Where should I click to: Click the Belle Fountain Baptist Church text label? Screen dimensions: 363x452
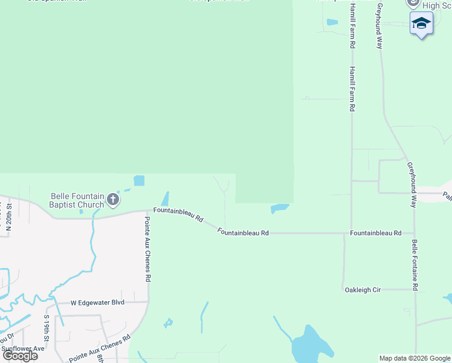[x=77, y=200]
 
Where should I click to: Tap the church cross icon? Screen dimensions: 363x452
[x=113, y=199]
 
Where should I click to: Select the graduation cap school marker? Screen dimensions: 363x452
[x=421, y=23]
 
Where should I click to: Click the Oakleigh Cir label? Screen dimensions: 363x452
[x=363, y=290]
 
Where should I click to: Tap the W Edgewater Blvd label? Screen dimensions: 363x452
[x=97, y=302]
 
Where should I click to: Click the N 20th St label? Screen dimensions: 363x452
[x=9, y=217]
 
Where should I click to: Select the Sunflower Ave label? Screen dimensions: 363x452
[x=22, y=348]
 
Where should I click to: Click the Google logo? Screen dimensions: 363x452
[x=20, y=356]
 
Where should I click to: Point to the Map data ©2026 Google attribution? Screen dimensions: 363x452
[x=415, y=358]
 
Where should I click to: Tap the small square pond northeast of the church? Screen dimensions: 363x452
[x=139, y=180]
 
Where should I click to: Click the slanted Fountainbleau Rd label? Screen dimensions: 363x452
[x=178, y=214]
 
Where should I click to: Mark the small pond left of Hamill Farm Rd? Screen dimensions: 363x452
[x=332, y=22]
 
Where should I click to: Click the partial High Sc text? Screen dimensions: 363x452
[x=438, y=5]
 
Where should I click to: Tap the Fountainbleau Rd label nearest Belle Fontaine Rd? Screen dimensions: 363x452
[x=375, y=233]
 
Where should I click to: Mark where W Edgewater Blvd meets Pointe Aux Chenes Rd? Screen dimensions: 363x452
[x=148, y=301]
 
